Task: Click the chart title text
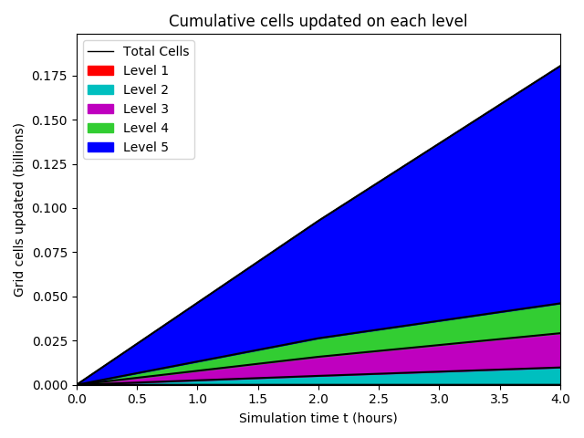coord(318,22)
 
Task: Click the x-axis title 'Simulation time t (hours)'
coord(318,418)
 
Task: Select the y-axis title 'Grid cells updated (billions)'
coord(19,209)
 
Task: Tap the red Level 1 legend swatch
coord(101,70)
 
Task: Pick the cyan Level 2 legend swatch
coord(101,89)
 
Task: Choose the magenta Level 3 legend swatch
coord(101,109)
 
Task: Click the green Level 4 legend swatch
coord(101,128)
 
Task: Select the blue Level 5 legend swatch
coord(101,147)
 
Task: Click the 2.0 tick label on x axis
coord(318,399)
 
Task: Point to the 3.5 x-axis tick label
coord(499,399)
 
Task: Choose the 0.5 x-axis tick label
coord(137,399)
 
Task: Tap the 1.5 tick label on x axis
coord(258,399)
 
